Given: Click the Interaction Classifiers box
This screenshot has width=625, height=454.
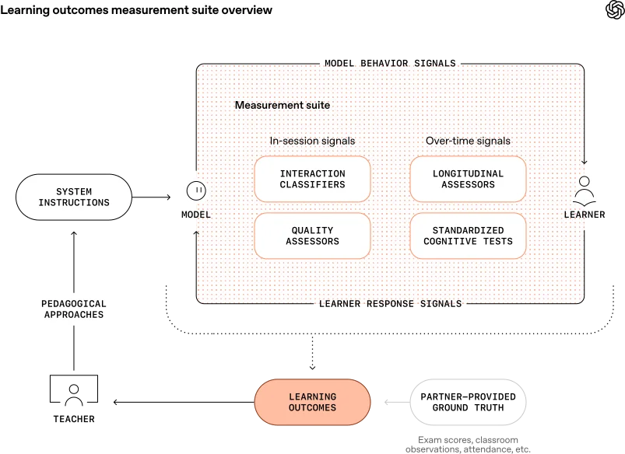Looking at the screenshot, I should [x=312, y=180].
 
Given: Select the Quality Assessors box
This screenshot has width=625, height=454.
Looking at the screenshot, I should [x=312, y=236].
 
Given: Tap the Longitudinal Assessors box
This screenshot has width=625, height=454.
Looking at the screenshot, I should [x=468, y=180].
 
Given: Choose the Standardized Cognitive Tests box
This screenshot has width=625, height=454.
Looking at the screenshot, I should [x=468, y=236].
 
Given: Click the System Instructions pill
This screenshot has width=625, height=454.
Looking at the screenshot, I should [x=74, y=197].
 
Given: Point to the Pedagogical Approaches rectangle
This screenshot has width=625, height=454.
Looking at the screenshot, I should [x=74, y=309].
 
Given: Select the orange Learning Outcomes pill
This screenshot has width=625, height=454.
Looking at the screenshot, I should [x=312, y=402].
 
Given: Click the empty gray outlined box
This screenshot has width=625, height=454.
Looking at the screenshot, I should [x=470, y=403].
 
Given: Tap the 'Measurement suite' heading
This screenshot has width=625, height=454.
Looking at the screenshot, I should [x=282, y=105].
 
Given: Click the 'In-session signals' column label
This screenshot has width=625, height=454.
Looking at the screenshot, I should [x=312, y=141].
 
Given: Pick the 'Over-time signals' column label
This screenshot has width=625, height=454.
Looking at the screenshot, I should [x=468, y=141].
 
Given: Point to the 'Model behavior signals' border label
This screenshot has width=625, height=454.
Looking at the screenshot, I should [x=389, y=64].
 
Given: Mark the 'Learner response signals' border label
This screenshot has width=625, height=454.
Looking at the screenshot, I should [x=389, y=303].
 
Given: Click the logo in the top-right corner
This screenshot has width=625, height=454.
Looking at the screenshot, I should [x=613, y=10].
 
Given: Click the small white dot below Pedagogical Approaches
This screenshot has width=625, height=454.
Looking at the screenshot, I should [x=74, y=389].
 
